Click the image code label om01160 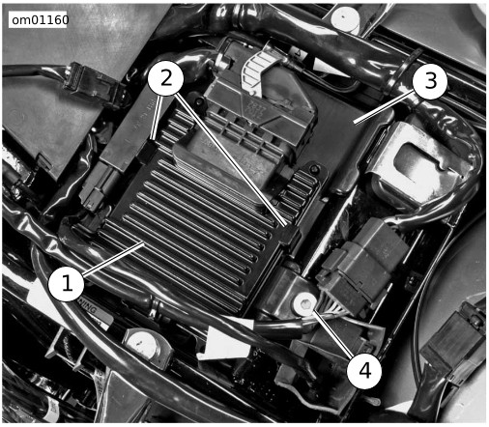(x=40, y=20)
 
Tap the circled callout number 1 (x=67, y=284)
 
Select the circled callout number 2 (x=166, y=78)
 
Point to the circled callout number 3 (x=430, y=81)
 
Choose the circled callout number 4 (x=364, y=371)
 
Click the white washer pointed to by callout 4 (x=303, y=303)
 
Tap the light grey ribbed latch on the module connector (x=258, y=71)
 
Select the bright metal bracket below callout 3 (x=416, y=164)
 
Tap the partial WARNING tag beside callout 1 (x=88, y=308)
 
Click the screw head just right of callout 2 (x=199, y=101)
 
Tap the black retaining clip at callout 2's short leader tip (x=151, y=150)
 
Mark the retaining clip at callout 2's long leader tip (x=289, y=235)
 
